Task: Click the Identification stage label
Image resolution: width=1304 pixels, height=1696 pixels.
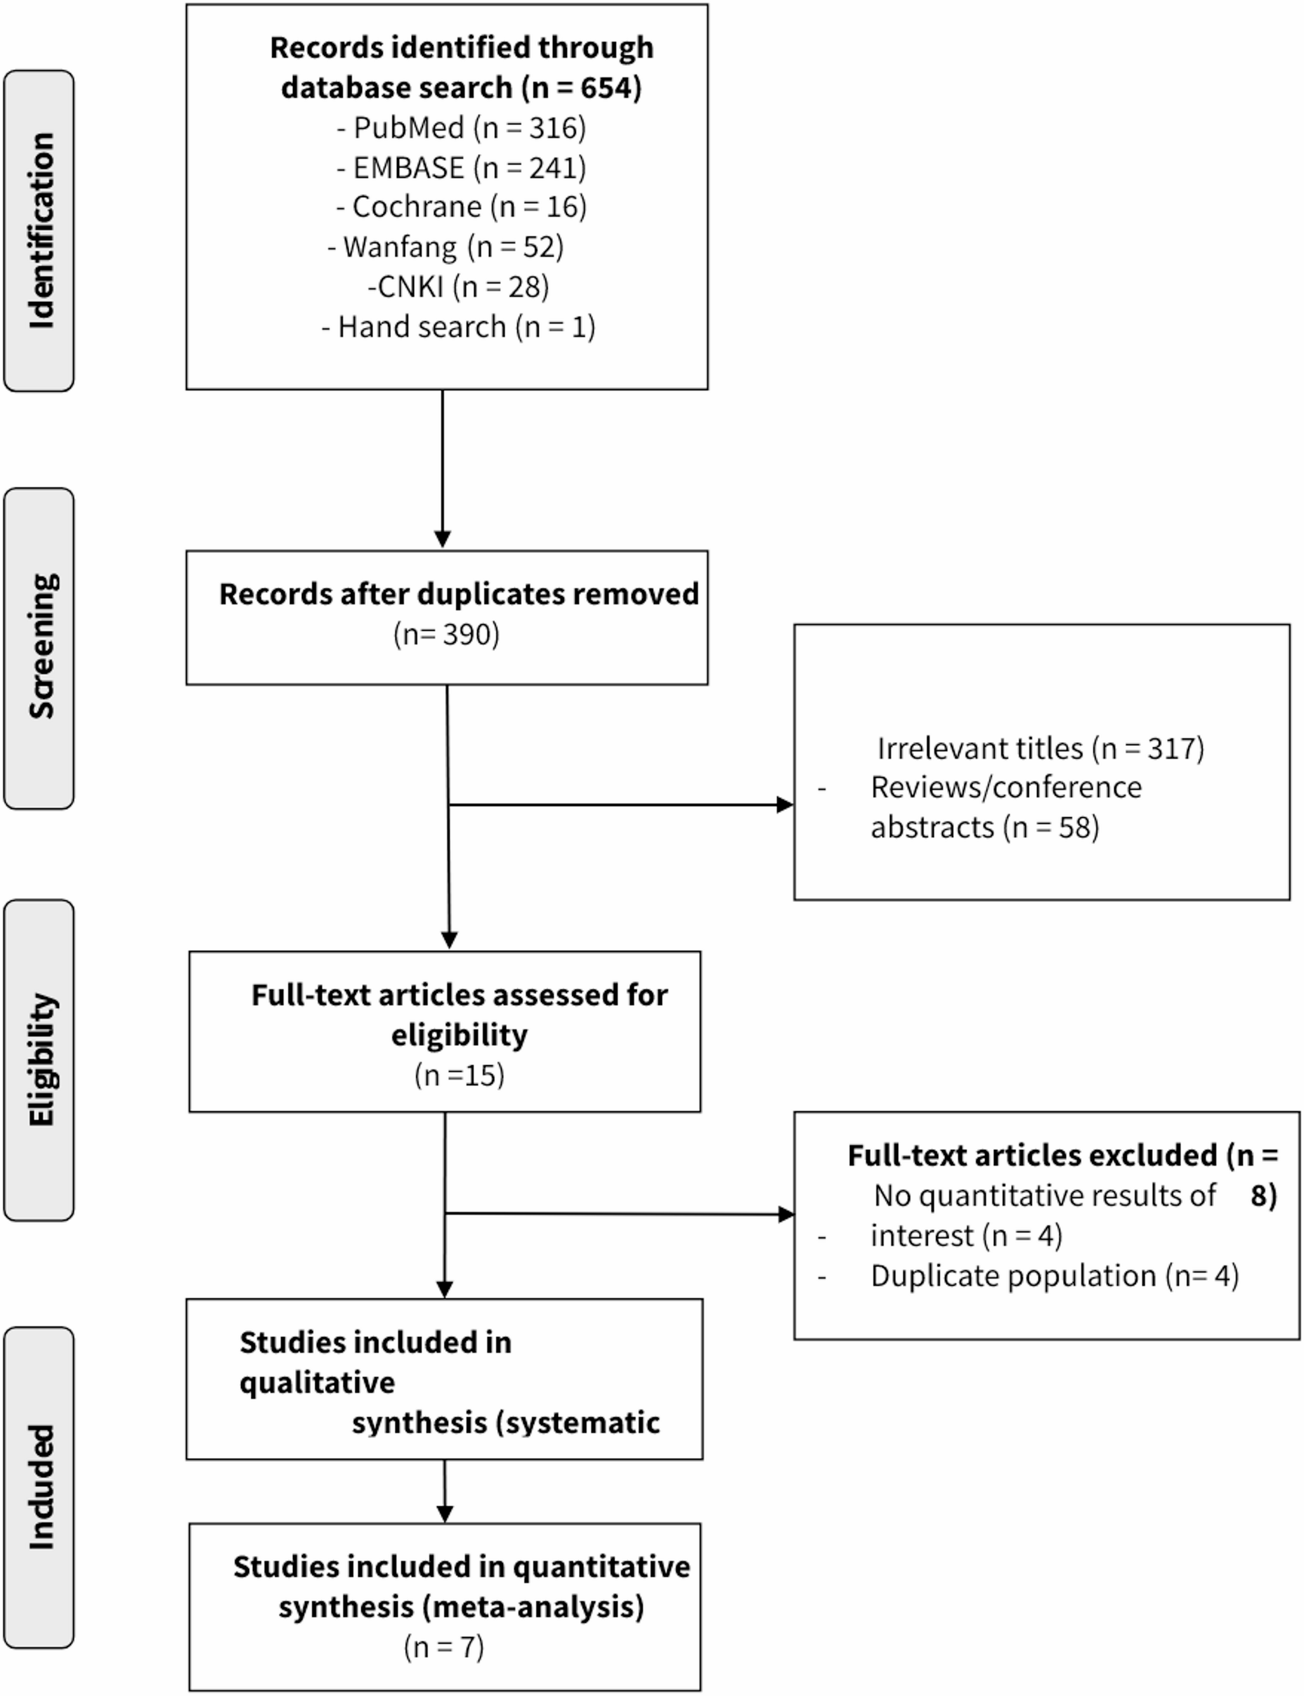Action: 41,230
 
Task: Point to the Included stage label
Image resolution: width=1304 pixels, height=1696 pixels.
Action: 41,1487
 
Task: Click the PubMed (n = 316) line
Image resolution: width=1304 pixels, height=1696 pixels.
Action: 461,127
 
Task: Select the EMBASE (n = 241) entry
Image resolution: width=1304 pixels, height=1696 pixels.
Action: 461,167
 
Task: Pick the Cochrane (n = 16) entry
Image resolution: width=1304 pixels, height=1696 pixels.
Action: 461,207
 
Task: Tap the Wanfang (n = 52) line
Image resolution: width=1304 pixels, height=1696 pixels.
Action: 445,247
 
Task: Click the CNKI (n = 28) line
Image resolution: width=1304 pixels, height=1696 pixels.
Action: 458,287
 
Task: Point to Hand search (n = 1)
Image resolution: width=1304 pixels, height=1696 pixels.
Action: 458,327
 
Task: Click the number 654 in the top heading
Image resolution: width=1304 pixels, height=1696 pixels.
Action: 606,88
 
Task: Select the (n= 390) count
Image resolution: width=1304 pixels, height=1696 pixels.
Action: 447,634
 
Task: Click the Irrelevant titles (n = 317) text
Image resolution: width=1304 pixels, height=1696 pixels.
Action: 1040,748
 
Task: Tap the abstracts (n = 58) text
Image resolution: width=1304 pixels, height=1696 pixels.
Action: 984,828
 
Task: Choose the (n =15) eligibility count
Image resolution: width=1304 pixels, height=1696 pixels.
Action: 459,1075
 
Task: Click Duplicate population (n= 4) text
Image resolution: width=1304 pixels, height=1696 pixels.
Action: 1054,1275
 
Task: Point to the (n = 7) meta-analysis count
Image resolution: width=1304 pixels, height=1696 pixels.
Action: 444,1647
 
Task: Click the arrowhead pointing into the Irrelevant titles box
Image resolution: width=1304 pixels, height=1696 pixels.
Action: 785,805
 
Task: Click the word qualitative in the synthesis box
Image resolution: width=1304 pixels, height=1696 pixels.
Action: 316,1383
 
